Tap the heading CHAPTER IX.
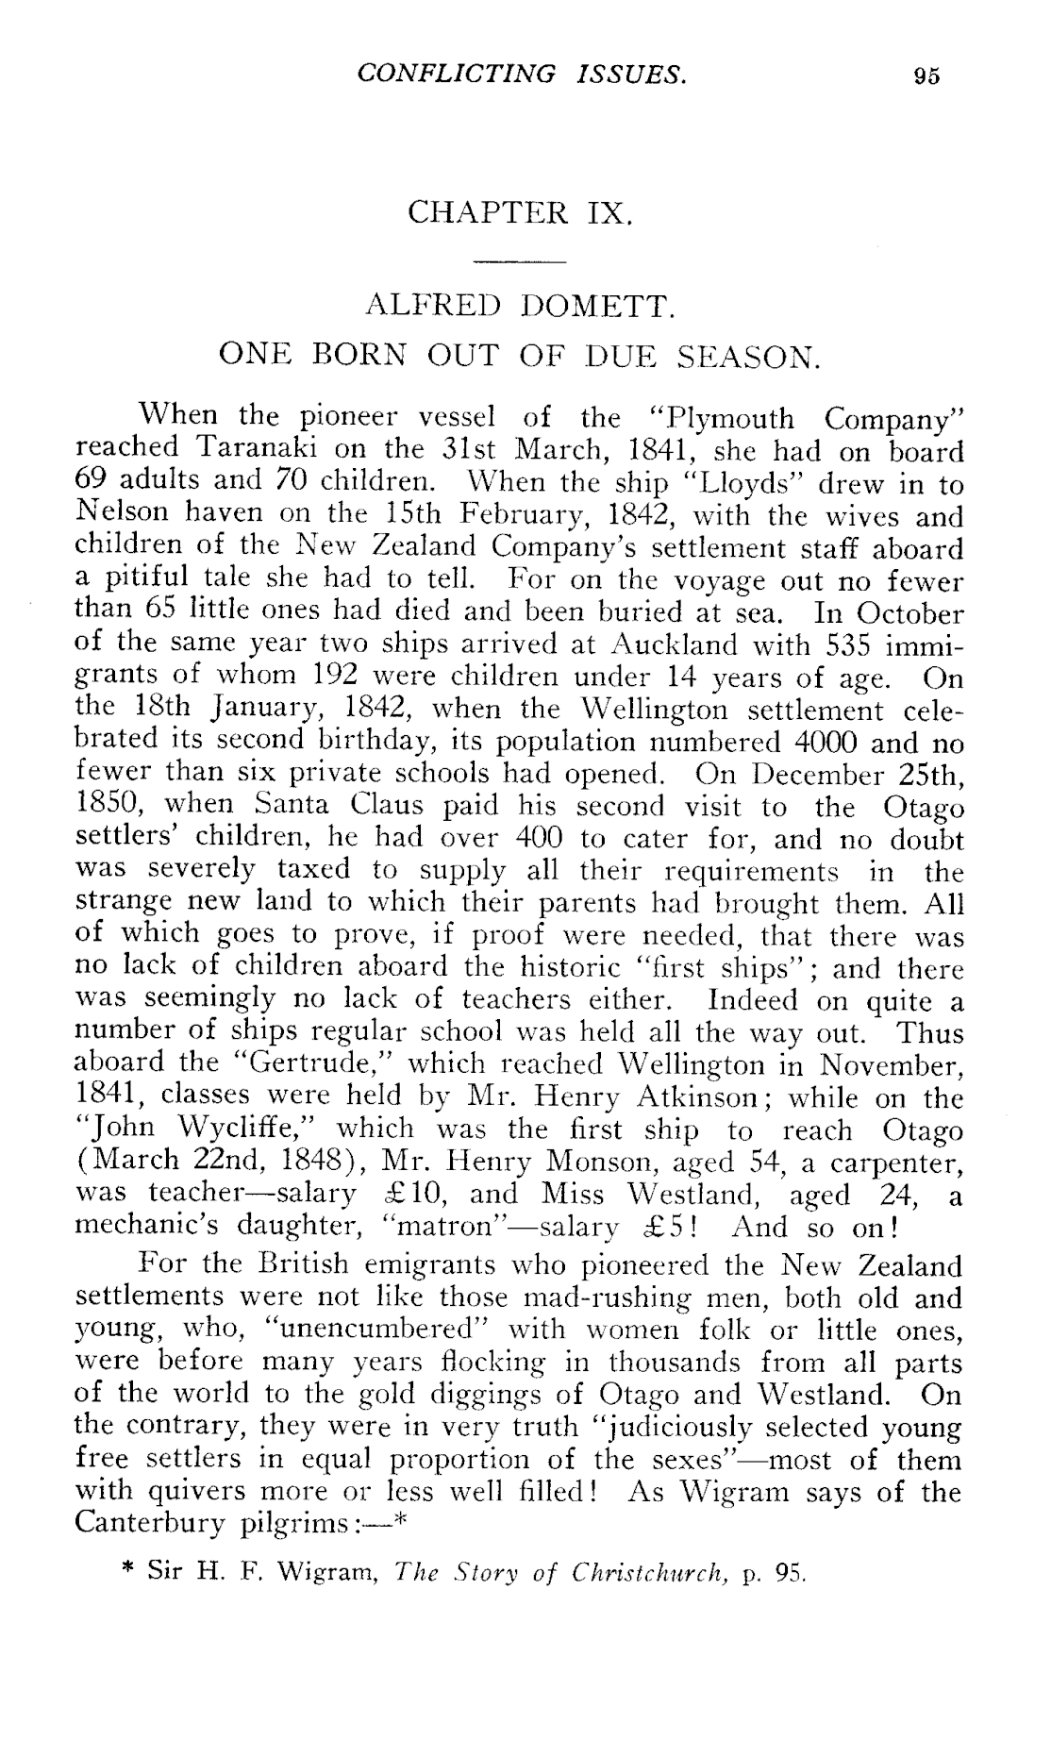pyautogui.click(x=518, y=212)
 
